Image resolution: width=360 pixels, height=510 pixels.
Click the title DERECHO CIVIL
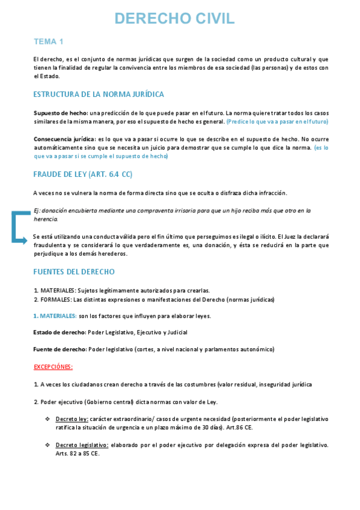[x=174, y=19]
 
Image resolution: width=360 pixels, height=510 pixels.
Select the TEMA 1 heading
[x=49, y=41]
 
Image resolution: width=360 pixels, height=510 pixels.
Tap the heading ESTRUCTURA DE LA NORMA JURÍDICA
[x=99, y=94]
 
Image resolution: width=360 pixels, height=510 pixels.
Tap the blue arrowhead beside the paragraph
[x=25, y=241]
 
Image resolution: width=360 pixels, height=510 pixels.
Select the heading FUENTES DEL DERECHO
[x=73, y=272]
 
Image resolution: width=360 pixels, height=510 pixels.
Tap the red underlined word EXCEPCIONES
[x=53, y=366]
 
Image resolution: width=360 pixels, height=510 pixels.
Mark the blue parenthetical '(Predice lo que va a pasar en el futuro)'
[x=278, y=121]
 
